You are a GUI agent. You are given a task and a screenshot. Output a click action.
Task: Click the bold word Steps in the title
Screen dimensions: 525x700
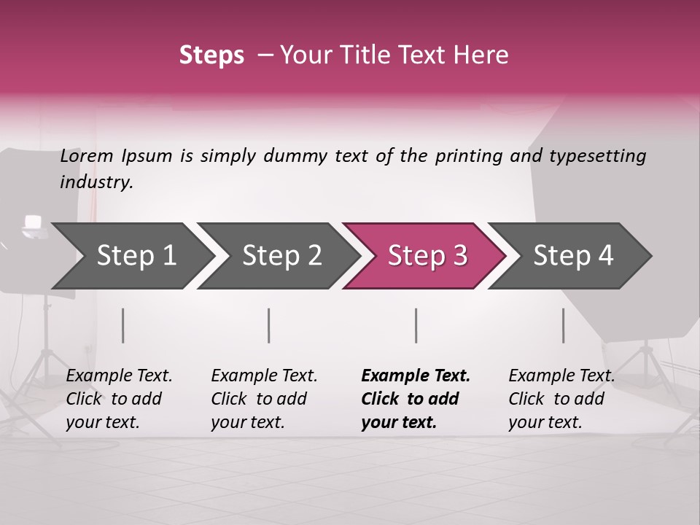(x=211, y=55)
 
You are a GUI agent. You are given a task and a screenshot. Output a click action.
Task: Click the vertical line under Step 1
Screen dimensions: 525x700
(x=123, y=325)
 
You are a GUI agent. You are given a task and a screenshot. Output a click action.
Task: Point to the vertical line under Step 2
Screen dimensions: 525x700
(x=269, y=325)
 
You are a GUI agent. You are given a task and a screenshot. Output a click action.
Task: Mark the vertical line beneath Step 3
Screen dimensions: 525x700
(x=416, y=325)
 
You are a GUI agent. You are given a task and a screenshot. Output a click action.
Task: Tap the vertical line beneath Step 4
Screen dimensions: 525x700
(x=563, y=325)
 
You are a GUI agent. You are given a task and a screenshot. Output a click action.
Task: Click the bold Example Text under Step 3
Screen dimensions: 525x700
(x=416, y=376)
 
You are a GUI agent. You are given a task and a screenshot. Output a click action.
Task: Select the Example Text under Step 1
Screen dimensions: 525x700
(x=119, y=376)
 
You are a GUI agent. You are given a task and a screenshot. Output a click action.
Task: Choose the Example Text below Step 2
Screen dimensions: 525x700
(x=264, y=376)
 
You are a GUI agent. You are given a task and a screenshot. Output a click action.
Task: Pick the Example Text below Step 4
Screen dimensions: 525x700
(x=561, y=376)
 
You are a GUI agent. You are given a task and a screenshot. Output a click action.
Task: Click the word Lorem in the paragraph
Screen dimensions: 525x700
(x=87, y=156)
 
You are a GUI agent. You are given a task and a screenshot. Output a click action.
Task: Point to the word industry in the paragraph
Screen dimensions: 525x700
(x=96, y=182)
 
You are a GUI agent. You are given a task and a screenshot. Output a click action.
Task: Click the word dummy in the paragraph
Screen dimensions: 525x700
(x=295, y=156)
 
